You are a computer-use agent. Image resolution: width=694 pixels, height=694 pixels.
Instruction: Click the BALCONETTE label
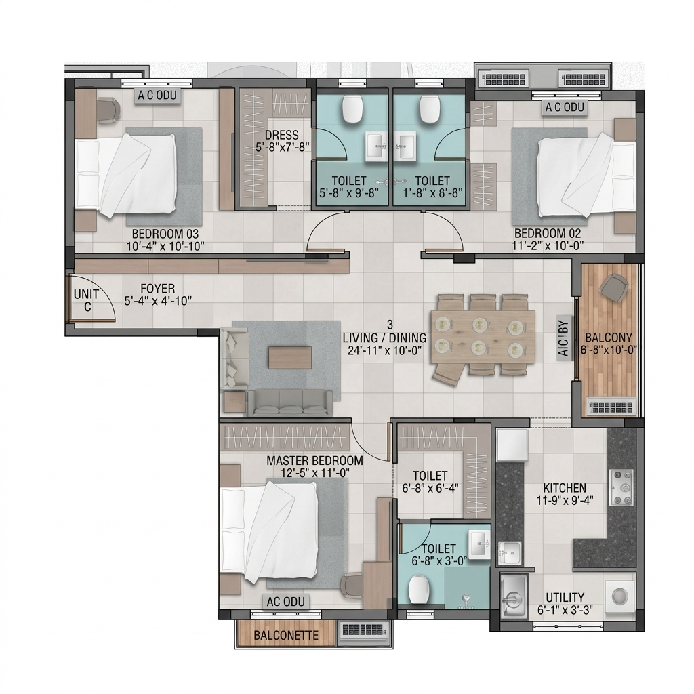click(x=286, y=636)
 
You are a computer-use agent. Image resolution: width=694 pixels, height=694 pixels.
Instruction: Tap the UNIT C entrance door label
click(x=87, y=300)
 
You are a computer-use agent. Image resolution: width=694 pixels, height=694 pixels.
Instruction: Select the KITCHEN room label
click(x=565, y=488)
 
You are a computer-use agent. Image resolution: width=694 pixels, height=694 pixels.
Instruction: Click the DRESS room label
click(x=281, y=135)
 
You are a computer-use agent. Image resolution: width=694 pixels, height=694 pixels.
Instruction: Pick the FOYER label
click(x=157, y=289)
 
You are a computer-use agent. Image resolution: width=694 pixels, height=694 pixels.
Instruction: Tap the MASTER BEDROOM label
click(x=314, y=460)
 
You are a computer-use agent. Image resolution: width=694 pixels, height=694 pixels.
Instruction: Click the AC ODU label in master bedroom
click(x=285, y=602)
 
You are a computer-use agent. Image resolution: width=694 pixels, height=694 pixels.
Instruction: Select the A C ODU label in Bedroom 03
click(x=157, y=95)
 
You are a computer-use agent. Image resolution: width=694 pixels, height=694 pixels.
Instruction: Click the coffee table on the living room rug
click(x=289, y=357)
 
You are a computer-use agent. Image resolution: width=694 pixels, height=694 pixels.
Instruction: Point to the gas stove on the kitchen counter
click(x=621, y=488)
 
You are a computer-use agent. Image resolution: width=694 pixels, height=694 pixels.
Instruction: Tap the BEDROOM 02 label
click(x=547, y=233)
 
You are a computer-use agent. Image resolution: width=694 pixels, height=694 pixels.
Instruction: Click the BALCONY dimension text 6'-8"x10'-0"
click(x=609, y=350)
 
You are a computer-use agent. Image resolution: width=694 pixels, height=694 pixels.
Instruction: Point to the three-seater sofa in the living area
click(x=289, y=403)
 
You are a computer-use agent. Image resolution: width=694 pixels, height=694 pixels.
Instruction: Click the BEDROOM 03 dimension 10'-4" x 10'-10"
click(x=165, y=246)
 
